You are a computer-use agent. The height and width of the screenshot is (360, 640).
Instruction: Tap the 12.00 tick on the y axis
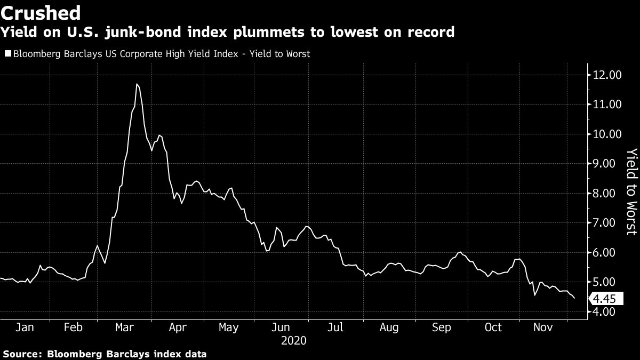click(x=607, y=75)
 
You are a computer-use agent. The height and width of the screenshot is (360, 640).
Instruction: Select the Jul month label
click(x=334, y=327)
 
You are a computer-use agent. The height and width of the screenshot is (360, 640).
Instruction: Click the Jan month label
click(x=25, y=327)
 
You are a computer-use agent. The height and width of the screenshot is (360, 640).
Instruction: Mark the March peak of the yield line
click(x=137, y=84)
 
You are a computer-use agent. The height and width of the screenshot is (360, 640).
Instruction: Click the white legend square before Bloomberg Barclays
click(x=7, y=54)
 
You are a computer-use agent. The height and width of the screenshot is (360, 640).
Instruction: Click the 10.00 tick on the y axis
click(x=607, y=134)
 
